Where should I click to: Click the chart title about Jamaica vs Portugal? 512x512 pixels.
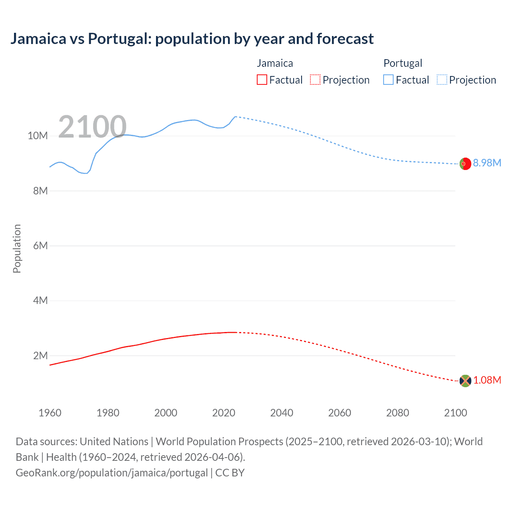(192, 39)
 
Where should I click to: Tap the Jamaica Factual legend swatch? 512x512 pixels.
(262, 80)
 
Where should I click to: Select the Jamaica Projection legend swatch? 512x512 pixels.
(315, 80)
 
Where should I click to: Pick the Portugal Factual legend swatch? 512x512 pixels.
(388, 80)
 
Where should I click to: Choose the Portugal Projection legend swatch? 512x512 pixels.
(442, 80)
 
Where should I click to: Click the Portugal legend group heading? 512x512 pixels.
(403, 63)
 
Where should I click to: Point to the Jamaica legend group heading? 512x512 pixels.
(275, 63)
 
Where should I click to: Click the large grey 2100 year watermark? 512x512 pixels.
(92, 127)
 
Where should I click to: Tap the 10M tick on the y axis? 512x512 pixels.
(38, 136)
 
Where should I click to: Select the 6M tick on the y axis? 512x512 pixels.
(40, 246)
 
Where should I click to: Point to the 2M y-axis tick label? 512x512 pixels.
(40, 356)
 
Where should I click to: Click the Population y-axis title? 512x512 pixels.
(17, 248)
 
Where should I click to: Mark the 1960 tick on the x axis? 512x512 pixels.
(50, 413)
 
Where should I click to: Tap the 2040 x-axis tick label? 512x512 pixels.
(282, 413)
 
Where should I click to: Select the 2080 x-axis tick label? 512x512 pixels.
(398, 413)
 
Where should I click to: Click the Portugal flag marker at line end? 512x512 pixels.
(465, 164)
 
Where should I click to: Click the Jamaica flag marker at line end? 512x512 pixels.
(465, 381)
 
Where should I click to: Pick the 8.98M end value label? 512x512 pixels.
(487, 163)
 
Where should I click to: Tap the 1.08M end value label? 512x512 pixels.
(487, 380)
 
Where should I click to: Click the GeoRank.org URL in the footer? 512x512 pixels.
(112, 473)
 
